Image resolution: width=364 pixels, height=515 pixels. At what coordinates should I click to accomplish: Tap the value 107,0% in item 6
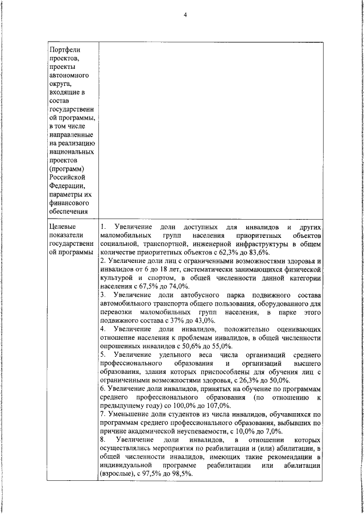point(217,406)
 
